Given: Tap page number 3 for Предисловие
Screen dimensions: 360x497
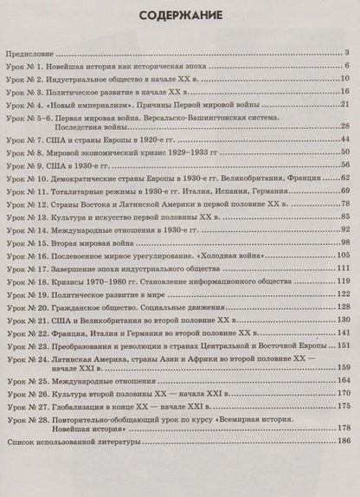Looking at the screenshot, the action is [x=345, y=53].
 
